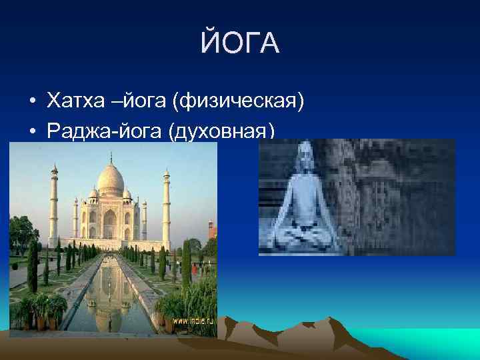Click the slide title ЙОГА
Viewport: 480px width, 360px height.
[x=240, y=45]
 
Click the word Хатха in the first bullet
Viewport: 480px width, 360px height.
[x=69, y=101]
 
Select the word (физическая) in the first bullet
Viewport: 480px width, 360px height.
[x=238, y=102]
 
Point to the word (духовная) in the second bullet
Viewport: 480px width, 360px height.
[x=223, y=131]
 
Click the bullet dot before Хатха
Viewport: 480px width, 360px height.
[x=32, y=102]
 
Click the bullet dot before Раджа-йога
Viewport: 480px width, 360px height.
[x=32, y=131]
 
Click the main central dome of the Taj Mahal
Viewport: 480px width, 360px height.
[x=111, y=179]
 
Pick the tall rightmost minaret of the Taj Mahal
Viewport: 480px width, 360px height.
[x=166, y=207]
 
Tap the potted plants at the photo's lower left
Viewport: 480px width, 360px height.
[x=44, y=310]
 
